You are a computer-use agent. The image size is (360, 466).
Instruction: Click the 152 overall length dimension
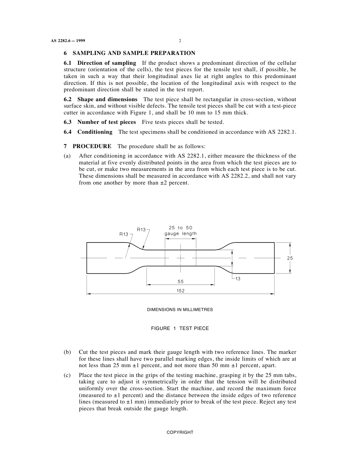pos(180,291)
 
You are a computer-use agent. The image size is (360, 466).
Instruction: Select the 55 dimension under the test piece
pos(180,281)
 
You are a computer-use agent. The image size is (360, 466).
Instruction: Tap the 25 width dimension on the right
pos(290,258)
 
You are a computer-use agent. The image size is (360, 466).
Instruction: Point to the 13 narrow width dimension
pos(238,278)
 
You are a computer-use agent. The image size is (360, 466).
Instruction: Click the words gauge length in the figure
pos(180,234)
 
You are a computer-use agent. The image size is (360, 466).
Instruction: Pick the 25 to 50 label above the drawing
pos(180,228)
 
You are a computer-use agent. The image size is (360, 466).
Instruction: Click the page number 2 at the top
pos(180,41)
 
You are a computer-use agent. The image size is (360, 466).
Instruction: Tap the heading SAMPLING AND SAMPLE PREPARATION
pos(134,53)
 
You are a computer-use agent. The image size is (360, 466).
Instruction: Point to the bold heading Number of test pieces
pos(106,122)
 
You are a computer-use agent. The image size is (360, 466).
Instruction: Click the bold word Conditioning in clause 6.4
pos(95,132)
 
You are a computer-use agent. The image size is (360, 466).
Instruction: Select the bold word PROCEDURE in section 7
pos(92,146)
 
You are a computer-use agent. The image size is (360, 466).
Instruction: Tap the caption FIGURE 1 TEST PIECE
pos(180,328)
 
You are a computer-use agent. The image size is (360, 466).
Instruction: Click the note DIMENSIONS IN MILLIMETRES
pos(180,310)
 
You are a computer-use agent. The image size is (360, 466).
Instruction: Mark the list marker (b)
pos(67,352)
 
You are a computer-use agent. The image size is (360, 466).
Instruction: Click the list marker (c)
pos(67,375)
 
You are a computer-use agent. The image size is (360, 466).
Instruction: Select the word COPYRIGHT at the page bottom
pos(180,432)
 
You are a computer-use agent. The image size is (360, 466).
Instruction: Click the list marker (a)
pos(67,156)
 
